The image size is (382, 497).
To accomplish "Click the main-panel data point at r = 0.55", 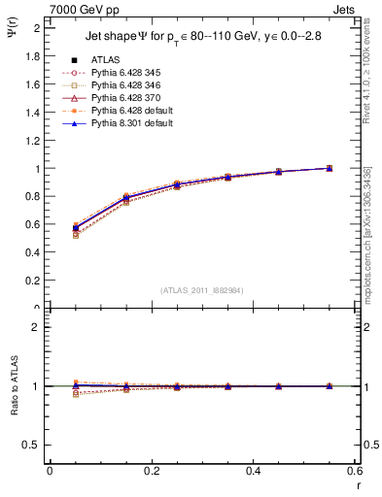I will click(x=330, y=168).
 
